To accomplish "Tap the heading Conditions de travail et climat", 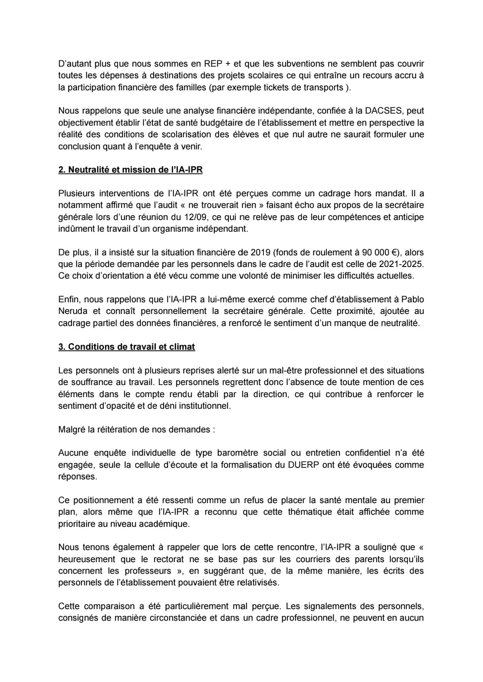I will click(x=127, y=347).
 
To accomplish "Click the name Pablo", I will click(x=412, y=299).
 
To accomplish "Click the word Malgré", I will click(x=72, y=430).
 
